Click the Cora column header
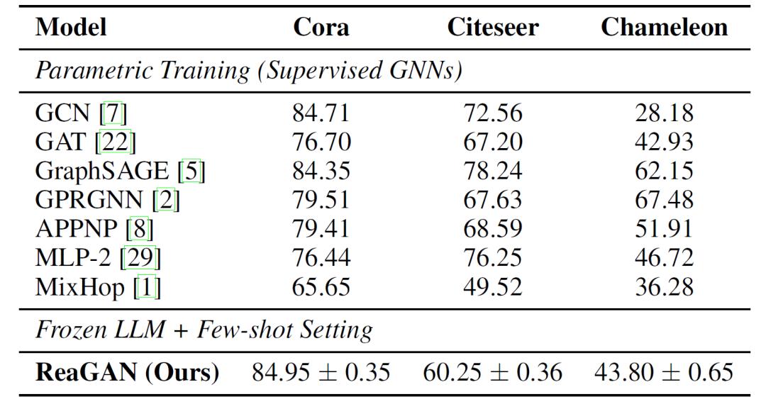click(321, 27)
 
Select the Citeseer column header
click(493, 27)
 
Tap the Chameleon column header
click(664, 27)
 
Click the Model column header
click(71, 27)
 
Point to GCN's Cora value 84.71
click(321, 113)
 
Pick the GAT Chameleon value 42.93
click(664, 142)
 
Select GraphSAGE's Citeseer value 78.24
click(493, 171)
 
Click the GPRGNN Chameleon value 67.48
click(664, 200)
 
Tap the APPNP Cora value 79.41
click(321, 229)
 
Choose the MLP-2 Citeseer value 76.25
click(493, 258)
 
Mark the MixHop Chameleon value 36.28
click(664, 287)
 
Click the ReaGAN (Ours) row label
click(128, 371)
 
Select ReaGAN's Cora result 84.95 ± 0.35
click(321, 371)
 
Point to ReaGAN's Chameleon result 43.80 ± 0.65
click(664, 371)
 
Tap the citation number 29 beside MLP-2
click(140, 258)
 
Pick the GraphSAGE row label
click(103, 171)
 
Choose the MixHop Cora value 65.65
click(321, 287)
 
